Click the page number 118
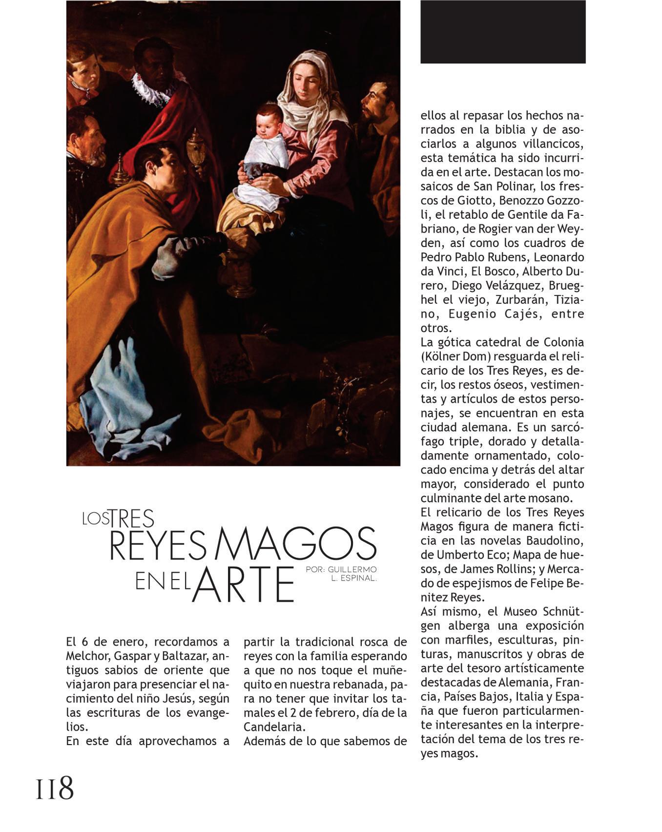55,788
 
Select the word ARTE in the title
243,584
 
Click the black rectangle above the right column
503,32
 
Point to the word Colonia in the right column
563,342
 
